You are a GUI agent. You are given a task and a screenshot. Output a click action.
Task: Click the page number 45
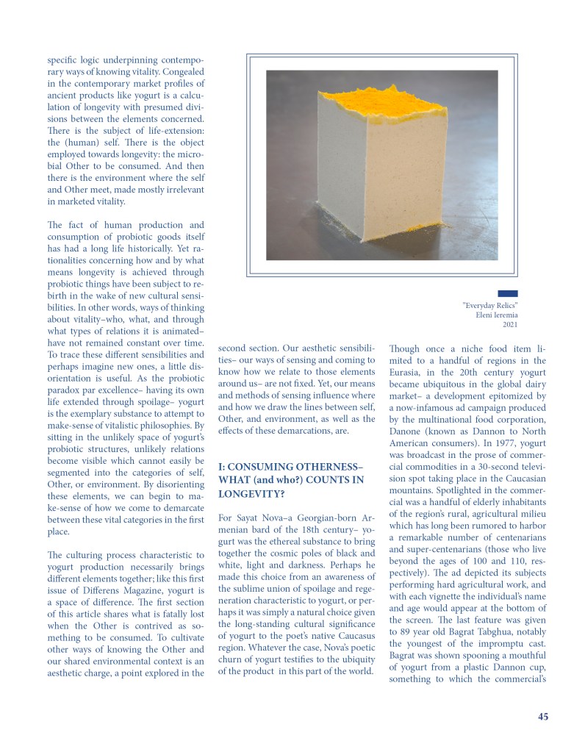(x=542, y=717)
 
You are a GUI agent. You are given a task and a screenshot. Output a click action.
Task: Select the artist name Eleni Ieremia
(x=497, y=315)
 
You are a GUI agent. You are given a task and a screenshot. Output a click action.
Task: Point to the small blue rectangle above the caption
(x=507, y=293)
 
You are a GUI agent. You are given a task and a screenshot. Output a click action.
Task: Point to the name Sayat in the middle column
(x=253, y=518)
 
